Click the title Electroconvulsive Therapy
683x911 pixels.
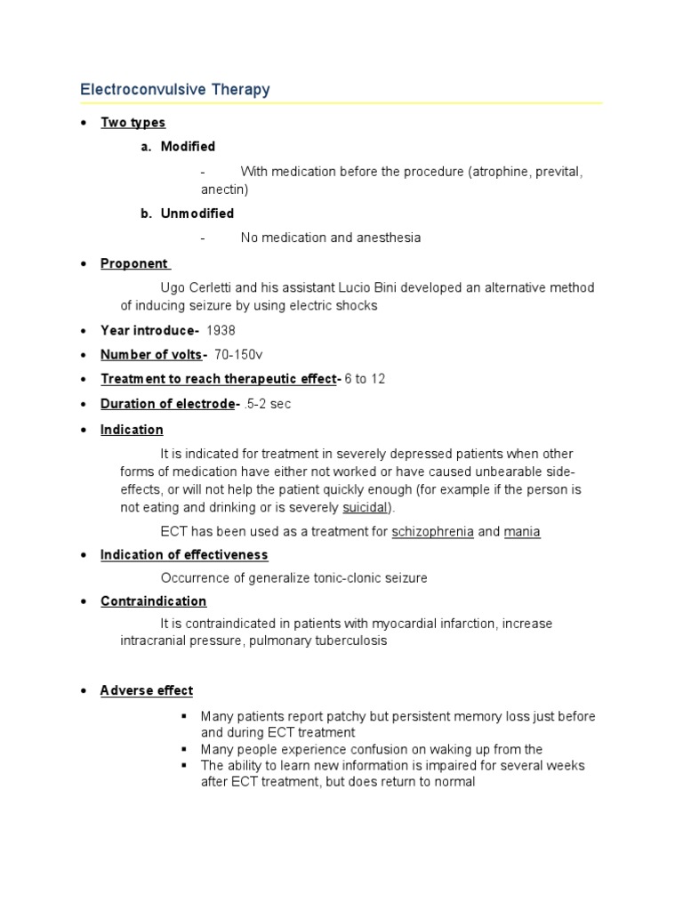click(175, 90)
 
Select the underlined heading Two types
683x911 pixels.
click(133, 123)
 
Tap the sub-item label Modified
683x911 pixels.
click(188, 146)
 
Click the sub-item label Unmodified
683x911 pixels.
click(197, 214)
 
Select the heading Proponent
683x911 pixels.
click(134, 263)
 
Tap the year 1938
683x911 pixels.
click(221, 331)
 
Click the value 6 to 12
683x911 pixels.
click(365, 379)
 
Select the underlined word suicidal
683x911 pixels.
click(365, 508)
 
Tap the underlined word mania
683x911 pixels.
click(522, 532)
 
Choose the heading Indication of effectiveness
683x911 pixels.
click(184, 555)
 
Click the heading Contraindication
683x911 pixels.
click(153, 601)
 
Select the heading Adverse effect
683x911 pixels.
click(147, 690)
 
